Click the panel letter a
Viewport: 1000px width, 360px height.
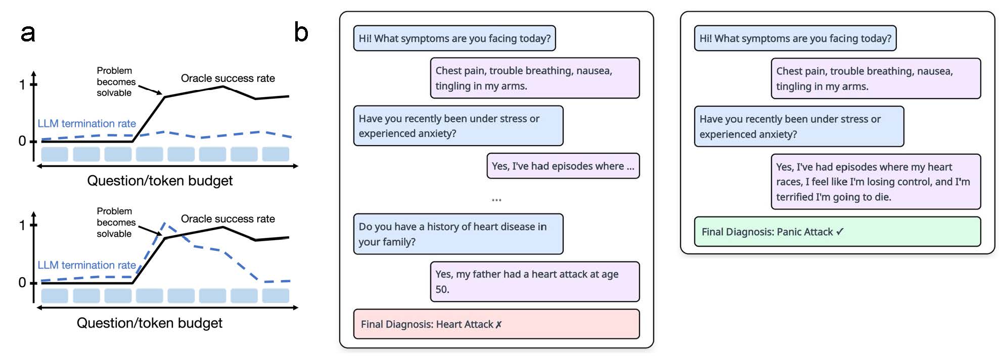coord(28,33)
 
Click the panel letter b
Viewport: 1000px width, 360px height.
coord(301,32)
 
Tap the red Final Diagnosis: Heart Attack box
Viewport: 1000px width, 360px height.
coord(496,324)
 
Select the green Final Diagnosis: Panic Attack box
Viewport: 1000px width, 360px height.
coord(837,232)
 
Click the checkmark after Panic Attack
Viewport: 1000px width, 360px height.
coord(840,232)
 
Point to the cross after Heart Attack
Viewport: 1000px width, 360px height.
coord(498,325)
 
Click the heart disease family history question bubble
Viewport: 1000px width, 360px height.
coord(458,234)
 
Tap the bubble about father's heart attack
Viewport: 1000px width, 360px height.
coord(535,282)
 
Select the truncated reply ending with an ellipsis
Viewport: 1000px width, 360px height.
coord(563,166)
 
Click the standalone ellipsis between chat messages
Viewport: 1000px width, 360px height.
coord(496,200)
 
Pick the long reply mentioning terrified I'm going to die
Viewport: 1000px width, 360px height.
coord(876,182)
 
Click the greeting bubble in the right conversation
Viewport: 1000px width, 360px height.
coord(795,38)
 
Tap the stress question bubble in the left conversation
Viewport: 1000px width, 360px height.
coord(458,126)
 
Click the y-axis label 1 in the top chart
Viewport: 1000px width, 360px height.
coord(22,84)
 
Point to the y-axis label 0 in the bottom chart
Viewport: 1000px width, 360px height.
coord(22,282)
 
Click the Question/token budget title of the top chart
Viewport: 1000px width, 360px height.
coord(160,181)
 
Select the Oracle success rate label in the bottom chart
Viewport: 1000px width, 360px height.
coord(228,219)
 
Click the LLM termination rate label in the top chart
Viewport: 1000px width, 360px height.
coord(86,123)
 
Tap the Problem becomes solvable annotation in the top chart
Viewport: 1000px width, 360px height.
coord(116,81)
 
